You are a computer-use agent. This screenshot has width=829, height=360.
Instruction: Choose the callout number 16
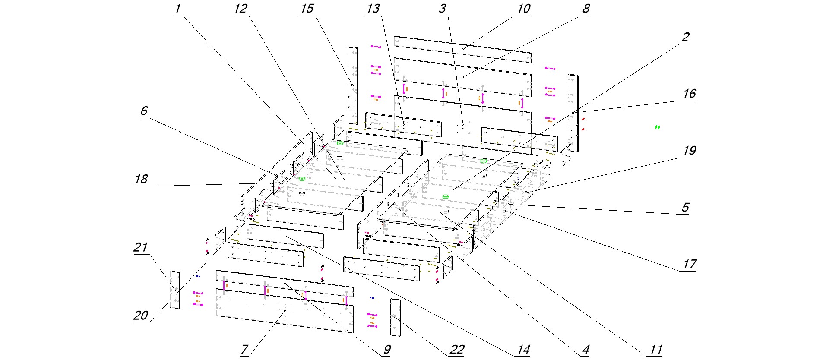pyautogui.click(x=689, y=94)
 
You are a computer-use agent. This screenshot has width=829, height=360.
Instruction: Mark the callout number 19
pyautogui.click(x=689, y=151)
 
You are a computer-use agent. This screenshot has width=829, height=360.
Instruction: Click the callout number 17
pyautogui.click(x=689, y=264)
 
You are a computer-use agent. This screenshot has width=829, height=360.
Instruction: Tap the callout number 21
pyautogui.click(x=141, y=248)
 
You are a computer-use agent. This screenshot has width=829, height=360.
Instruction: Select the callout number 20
pyautogui.click(x=141, y=316)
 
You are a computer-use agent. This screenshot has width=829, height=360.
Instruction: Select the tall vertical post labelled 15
pyautogui.click(x=353, y=85)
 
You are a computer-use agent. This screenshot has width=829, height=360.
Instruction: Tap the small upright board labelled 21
pyautogui.click(x=175, y=290)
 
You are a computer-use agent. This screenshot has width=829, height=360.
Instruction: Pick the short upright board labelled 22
pyautogui.click(x=395, y=317)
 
